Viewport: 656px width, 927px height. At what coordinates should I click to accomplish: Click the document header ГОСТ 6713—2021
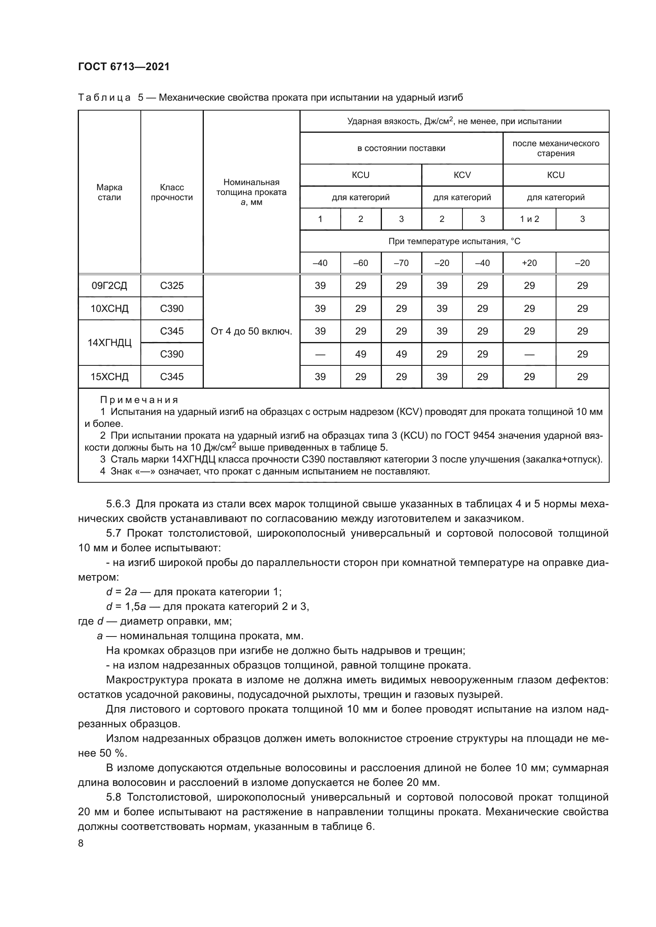[124, 67]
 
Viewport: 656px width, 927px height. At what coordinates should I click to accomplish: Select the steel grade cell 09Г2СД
[109, 286]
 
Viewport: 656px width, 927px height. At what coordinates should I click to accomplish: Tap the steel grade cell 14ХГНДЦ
[109, 343]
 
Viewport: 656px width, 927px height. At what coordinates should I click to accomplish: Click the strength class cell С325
[172, 286]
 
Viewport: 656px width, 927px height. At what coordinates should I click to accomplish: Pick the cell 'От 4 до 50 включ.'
[251, 331]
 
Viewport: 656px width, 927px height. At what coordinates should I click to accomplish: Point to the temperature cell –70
[401, 263]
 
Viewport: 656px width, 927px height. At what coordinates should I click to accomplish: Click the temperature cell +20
[529, 263]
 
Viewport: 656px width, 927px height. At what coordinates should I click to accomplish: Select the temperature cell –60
[360, 263]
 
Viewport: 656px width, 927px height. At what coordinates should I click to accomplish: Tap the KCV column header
[462, 175]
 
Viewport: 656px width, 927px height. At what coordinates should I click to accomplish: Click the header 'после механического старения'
[556, 148]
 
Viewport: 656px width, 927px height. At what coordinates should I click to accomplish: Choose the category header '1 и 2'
[529, 219]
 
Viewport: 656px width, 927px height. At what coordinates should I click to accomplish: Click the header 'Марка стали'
[109, 192]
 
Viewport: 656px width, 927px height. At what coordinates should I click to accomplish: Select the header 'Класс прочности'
[172, 192]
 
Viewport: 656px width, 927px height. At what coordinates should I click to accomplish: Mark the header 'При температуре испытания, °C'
[455, 241]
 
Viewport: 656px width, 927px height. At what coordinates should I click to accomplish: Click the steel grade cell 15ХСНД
[109, 377]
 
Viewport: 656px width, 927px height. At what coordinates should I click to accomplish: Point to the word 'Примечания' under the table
[139, 400]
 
